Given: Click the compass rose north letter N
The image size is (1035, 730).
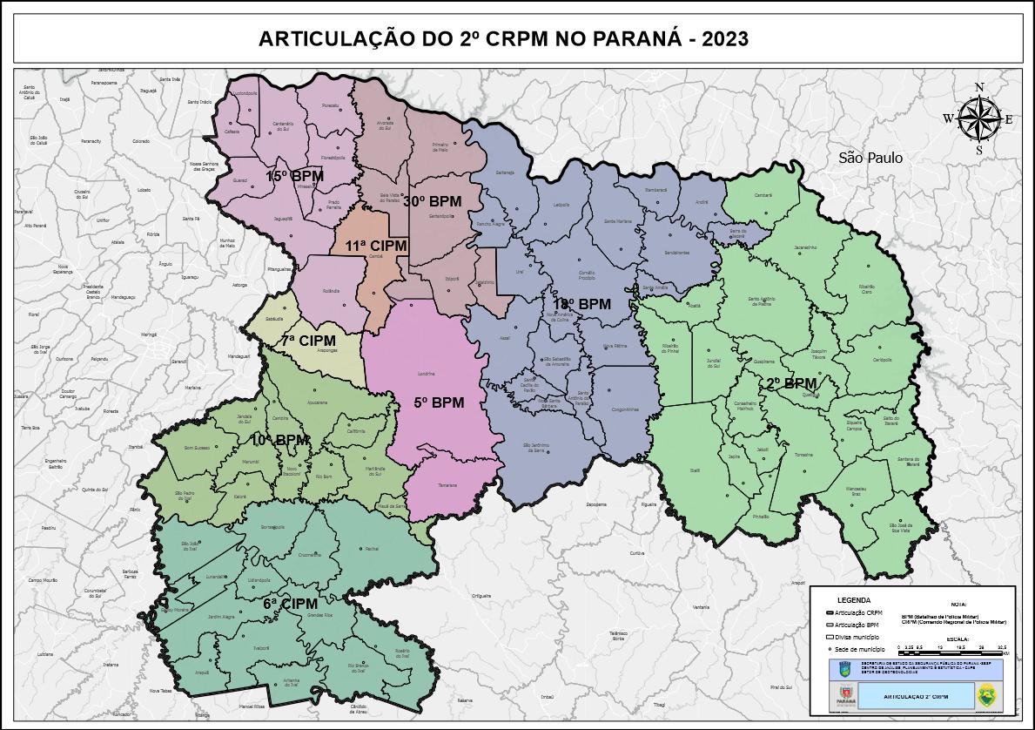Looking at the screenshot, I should [979, 87].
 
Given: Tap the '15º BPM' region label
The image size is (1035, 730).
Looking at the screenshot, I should [294, 177].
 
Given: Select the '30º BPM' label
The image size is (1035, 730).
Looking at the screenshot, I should [432, 201].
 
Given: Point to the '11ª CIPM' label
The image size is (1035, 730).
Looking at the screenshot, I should [376, 246].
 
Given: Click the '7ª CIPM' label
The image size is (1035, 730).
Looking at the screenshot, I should [307, 341].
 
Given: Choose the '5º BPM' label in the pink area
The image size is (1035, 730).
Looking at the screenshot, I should [439, 402].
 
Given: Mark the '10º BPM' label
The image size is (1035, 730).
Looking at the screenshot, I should [280, 440].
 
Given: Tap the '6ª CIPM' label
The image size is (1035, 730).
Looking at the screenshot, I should [290, 603].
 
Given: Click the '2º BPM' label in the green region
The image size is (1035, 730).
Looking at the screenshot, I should [791, 383].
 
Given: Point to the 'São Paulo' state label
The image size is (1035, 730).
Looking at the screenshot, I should [870, 158].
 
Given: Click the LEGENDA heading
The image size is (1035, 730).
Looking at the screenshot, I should [853, 600].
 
